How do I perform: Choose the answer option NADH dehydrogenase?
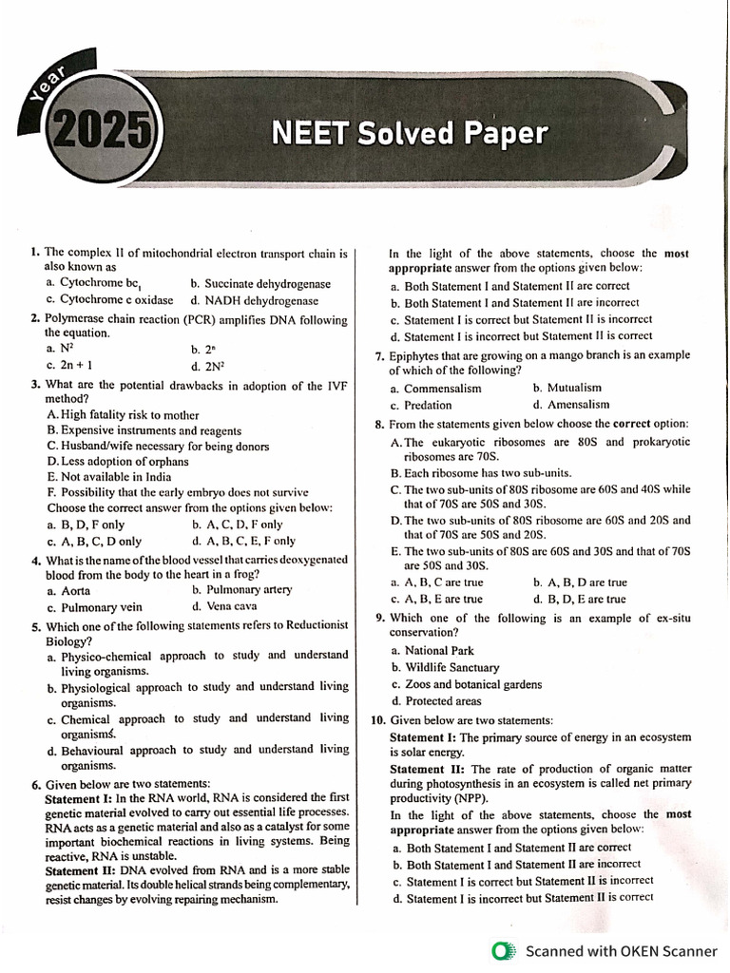pyautogui.click(x=265, y=299)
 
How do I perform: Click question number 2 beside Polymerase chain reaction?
pyautogui.click(x=34, y=318)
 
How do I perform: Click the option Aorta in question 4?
pyautogui.click(x=75, y=590)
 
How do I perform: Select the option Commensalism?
pyautogui.click(x=442, y=388)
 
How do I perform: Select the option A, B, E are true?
pyautogui.click(x=443, y=599)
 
